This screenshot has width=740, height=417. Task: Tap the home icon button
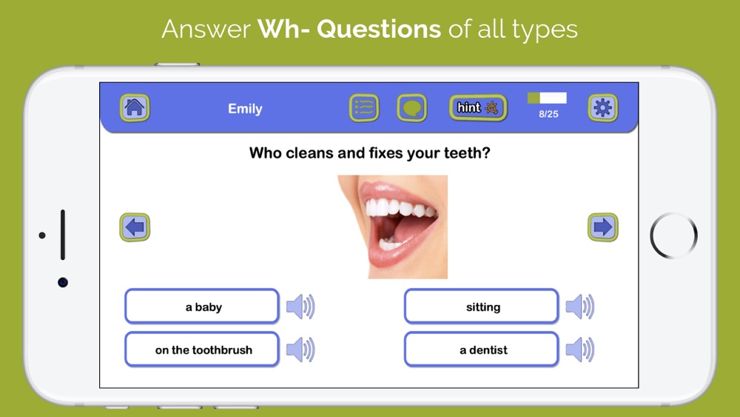[x=135, y=107]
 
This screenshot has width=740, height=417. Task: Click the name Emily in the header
[x=245, y=109]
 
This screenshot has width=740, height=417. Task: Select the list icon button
[x=364, y=107]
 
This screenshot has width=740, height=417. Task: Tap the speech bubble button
[x=412, y=107]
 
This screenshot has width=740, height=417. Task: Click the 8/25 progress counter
[x=548, y=114]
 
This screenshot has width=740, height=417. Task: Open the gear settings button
[x=602, y=107]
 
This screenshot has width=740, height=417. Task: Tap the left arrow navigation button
[x=135, y=227]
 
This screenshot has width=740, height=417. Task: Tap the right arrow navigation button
[x=602, y=227]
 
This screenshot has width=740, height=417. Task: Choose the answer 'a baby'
[x=202, y=307]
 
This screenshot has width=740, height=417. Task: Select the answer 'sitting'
[x=482, y=307]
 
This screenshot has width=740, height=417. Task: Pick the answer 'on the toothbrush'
[x=202, y=350]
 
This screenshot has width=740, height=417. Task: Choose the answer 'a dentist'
[x=482, y=350]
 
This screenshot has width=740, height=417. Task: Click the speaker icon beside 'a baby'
[x=300, y=307]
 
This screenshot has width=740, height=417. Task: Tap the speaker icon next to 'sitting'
[x=580, y=307]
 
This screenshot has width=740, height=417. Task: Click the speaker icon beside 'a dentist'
[x=580, y=350]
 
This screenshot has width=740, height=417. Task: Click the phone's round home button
[x=673, y=236]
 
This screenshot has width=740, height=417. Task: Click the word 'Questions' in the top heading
[x=379, y=30]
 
